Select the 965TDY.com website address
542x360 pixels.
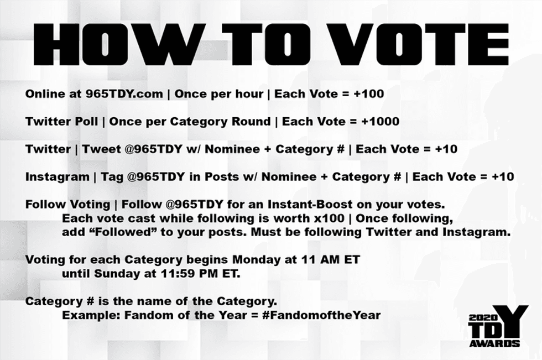click(124, 94)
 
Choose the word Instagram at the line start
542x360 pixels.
click(53, 177)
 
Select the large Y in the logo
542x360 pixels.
click(510, 321)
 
